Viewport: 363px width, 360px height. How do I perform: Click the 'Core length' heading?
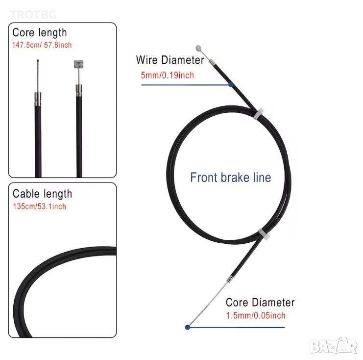pos(40,33)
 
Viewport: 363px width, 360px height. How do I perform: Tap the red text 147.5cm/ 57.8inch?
pos(42,45)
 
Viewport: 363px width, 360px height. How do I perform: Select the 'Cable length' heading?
pos(42,194)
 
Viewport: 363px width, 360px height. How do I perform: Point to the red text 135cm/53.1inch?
pos(39,206)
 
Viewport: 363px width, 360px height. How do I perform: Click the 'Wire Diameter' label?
pos(169,60)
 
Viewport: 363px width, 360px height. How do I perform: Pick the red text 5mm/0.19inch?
pos(167,75)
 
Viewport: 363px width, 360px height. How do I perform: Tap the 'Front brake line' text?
pos(230,177)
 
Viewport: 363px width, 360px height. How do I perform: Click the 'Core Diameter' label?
pos(260,302)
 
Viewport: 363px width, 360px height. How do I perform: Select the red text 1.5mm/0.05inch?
pos(255,315)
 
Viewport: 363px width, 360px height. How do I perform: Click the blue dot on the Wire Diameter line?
pos(231,84)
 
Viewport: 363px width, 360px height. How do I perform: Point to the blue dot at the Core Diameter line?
pos(187,327)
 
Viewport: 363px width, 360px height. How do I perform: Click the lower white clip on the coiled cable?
pos(262,231)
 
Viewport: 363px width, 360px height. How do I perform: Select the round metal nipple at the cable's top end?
pos(198,48)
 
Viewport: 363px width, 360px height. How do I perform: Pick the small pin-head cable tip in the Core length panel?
pos(37,61)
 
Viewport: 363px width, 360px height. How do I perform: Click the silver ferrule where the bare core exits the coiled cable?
pos(228,280)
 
